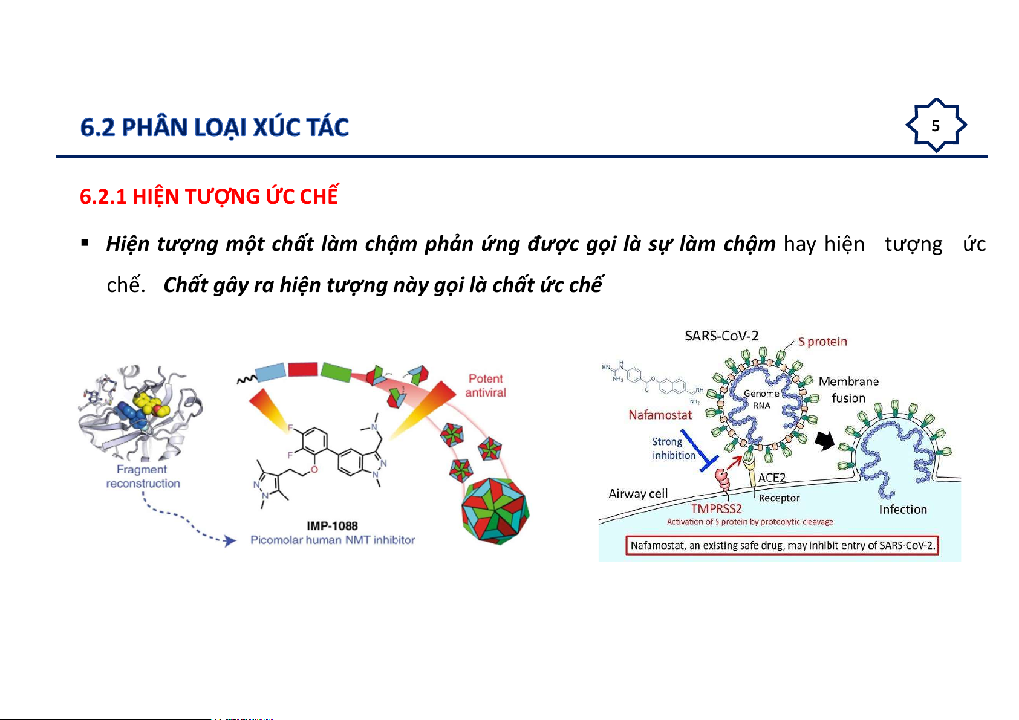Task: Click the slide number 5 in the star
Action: pos(936,126)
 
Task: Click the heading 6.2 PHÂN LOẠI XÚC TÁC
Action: pos(214,127)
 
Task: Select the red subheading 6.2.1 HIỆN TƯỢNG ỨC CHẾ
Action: pos(209,196)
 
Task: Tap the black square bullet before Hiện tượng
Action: pos(85,243)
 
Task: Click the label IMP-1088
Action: pos(332,526)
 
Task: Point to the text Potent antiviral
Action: pos(486,386)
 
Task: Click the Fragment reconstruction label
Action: pos(143,476)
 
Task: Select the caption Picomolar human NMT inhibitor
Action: pos(333,540)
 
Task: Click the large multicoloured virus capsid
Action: pos(495,510)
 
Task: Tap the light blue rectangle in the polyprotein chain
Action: pos(270,372)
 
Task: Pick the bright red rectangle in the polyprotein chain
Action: pos(303,369)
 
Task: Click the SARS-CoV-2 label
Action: pos(721,336)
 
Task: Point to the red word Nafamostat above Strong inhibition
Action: pos(660,415)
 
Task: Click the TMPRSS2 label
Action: pos(717,508)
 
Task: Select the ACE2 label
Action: pos(772,478)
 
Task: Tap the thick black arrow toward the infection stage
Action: pos(824,440)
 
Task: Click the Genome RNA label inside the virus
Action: pos(761,400)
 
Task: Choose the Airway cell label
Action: pos(638,493)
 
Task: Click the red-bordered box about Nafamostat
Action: pos(782,545)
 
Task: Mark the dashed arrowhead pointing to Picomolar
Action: pos(230,540)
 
